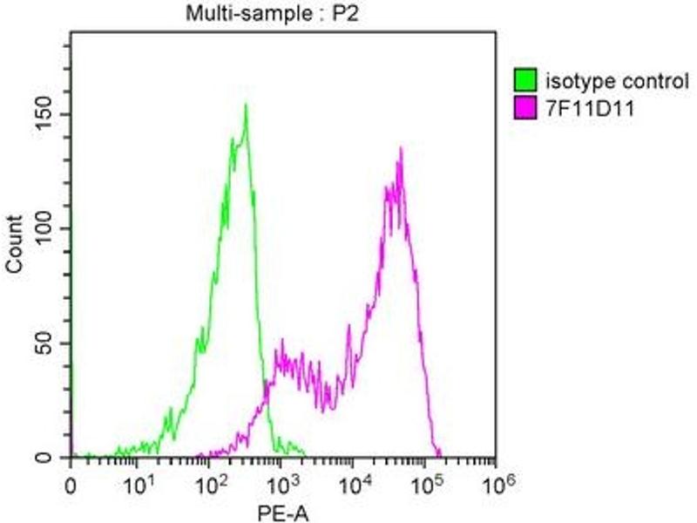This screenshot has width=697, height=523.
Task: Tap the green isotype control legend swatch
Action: pos(525,83)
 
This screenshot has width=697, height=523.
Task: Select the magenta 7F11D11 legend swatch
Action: pos(525,109)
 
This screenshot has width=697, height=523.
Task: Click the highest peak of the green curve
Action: pos(247,105)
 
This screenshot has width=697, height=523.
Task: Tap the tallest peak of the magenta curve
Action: pos(401,148)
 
